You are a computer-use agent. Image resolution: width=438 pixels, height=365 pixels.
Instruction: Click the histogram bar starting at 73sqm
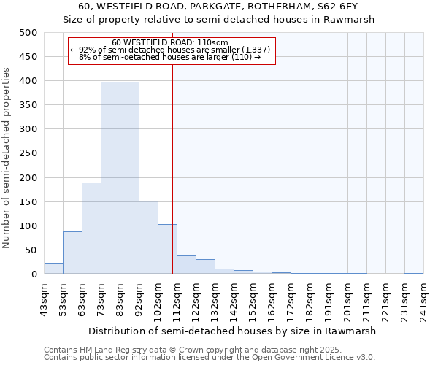(110, 178)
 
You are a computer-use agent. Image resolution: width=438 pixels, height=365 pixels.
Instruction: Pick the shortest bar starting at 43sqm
(53, 269)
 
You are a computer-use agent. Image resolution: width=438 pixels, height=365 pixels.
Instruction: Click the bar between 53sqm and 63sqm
(72, 253)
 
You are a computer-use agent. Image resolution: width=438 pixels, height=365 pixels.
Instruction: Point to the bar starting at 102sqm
(167, 249)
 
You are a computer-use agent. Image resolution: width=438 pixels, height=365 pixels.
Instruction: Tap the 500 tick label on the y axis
(28, 33)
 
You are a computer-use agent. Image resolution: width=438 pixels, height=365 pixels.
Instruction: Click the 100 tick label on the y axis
(28, 226)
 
